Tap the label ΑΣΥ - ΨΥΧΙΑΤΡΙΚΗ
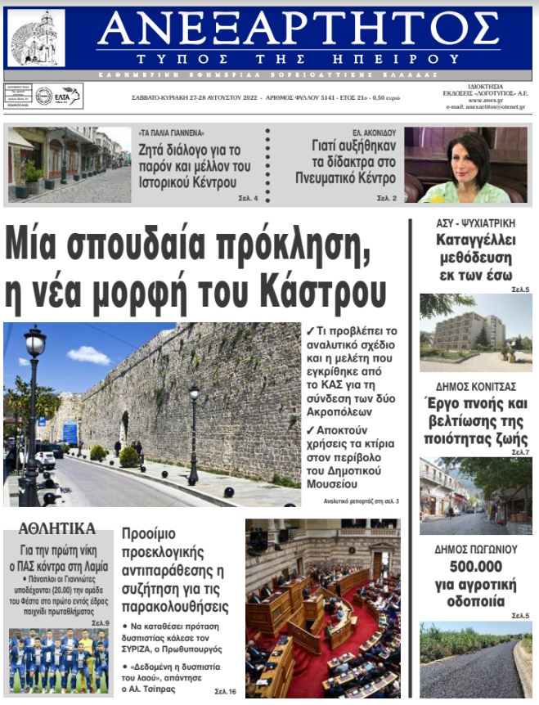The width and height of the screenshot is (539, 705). tap(474, 223)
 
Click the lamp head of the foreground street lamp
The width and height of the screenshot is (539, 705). tap(34, 343)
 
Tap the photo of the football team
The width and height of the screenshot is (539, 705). tap(58, 661)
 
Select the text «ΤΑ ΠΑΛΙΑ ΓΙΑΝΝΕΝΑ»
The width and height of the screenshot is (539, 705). tap(171, 132)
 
